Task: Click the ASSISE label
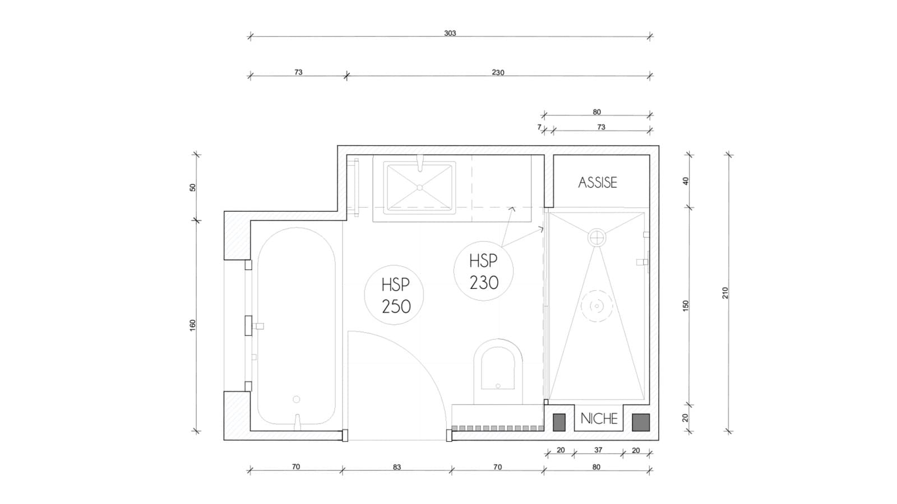click(598, 183)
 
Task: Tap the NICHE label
click(599, 419)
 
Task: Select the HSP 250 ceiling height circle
click(394, 295)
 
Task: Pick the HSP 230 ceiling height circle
click(483, 271)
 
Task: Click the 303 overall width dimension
click(450, 33)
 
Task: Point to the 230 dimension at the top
click(498, 72)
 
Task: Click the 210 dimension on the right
click(725, 293)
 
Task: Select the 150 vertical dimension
click(686, 306)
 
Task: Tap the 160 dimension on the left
click(193, 325)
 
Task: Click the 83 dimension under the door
click(396, 467)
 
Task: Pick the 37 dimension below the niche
click(598, 450)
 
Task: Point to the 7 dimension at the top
click(539, 127)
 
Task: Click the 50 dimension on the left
click(193, 187)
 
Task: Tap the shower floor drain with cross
click(597, 237)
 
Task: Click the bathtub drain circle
click(297, 399)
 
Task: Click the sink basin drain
click(420, 188)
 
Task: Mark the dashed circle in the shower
click(597, 306)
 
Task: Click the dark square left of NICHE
click(559, 423)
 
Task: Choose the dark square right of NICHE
click(641, 423)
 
